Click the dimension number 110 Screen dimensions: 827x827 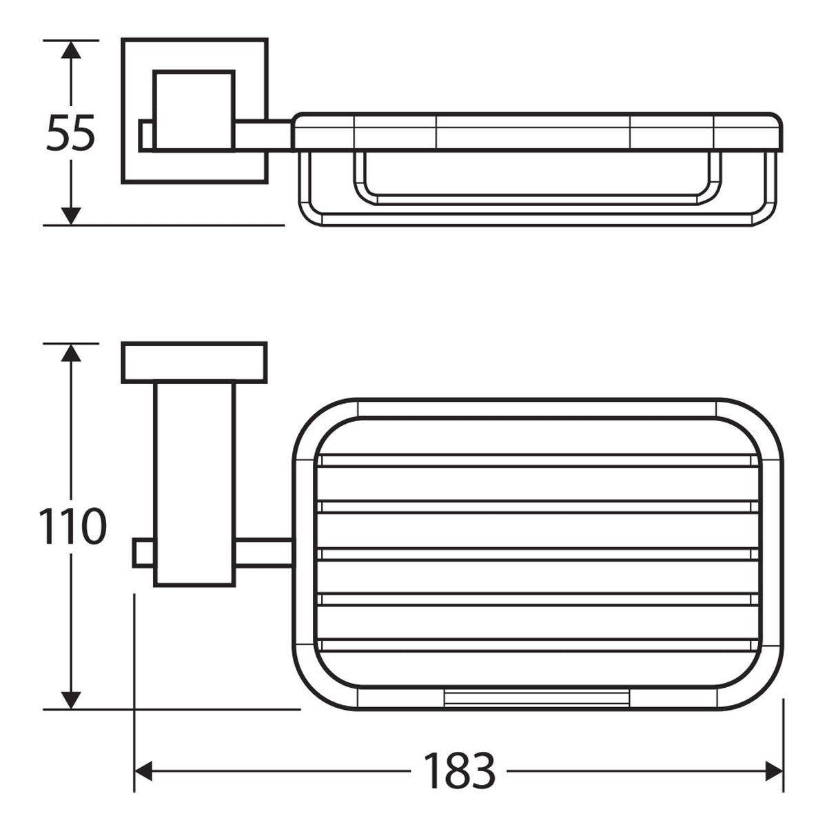click(x=72, y=526)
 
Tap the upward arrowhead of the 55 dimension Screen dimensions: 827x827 click(x=71, y=50)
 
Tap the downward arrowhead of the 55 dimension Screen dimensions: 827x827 click(x=71, y=216)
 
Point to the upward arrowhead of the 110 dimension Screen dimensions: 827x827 click(x=71, y=352)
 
